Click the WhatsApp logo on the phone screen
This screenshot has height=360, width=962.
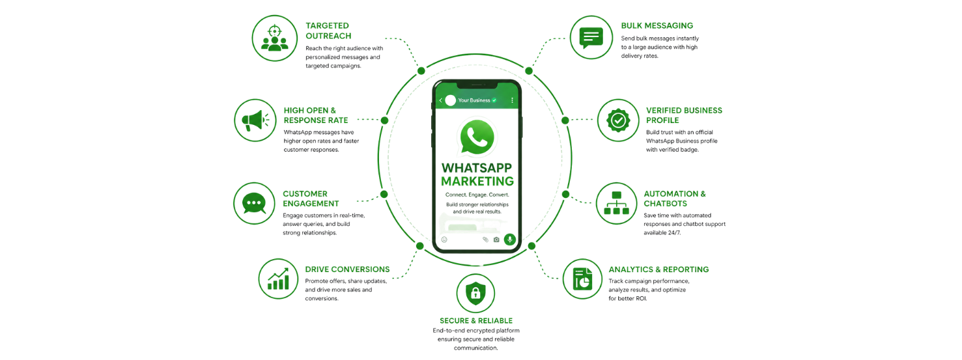tap(477, 137)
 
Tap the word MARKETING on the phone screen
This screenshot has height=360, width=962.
tap(477, 182)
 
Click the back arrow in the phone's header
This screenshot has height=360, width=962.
tap(441, 100)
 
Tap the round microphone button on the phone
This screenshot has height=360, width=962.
tap(510, 239)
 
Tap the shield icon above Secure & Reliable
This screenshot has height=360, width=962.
tap(476, 295)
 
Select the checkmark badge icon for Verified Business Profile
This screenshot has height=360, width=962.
tap(617, 120)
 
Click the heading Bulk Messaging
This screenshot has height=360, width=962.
tap(657, 25)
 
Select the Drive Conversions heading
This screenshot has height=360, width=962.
tap(347, 269)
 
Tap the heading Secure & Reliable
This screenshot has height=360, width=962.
tap(476, 320)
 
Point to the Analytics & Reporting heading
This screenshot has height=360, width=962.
tap(658, 269)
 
